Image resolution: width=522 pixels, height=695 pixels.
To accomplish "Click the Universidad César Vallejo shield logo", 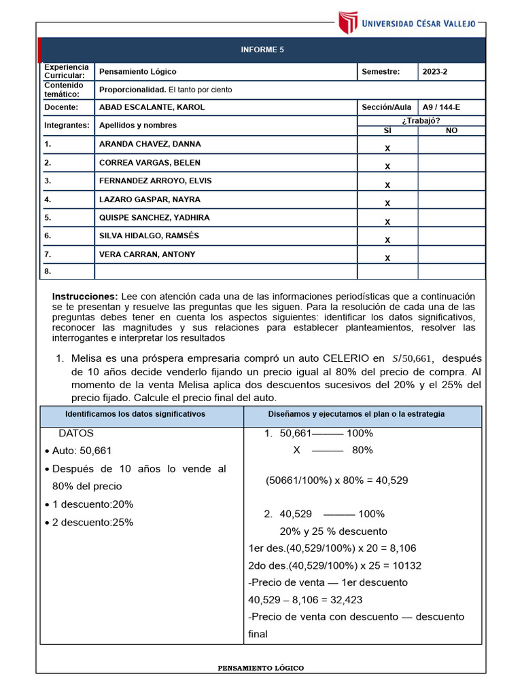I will tap(347, 22).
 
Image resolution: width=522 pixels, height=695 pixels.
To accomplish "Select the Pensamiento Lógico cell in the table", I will tap(138, 71).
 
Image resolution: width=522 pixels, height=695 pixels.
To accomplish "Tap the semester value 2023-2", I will tap(435, 71).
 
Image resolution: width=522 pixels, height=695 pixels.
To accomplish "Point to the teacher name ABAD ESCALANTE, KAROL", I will tap(152, 107).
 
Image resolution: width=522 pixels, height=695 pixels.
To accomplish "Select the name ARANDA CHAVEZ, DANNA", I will tap(150, 144).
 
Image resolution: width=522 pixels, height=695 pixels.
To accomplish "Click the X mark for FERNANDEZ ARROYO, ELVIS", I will tap(387, 185).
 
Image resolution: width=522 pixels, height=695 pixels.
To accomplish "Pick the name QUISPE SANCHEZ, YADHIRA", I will tap(154, 218).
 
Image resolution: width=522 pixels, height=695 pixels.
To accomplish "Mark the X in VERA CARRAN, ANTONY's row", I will tap(387, 259).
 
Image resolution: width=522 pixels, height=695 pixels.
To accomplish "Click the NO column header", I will tap(451, 130).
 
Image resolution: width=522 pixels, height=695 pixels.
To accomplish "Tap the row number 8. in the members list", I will tap(48, 271).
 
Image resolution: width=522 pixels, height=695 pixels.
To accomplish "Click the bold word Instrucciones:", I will tap(85, 297).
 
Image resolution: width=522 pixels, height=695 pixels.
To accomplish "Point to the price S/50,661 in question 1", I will tap(413, 358).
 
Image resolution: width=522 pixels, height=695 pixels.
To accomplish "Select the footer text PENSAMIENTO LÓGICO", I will tap(261, 668).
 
